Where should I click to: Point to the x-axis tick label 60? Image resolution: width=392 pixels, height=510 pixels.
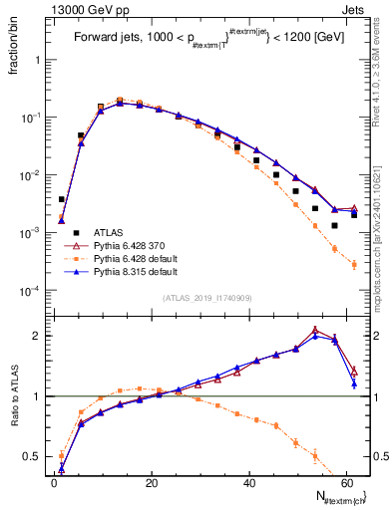(x=343, y=482)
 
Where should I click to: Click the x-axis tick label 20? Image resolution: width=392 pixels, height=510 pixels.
(x=150, y=482)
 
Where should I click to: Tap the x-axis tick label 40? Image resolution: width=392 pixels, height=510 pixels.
(x=246, y=482)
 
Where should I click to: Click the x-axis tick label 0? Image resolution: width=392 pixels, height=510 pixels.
(x=53, y=482)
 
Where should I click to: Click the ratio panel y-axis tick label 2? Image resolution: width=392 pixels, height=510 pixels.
(x=40, y=336)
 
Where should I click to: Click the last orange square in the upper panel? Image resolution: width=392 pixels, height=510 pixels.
(x=354, y=264)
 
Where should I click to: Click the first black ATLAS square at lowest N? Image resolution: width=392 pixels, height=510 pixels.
(x=62, y=199)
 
